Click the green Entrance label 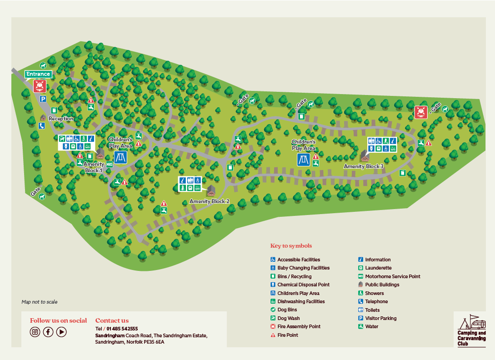[38, 74]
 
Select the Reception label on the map [61, 119]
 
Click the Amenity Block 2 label [209, 201]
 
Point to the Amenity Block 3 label [364, 166]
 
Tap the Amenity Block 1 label [94, 167]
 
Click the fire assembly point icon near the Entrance [40, 85]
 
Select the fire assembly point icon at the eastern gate [420, 112]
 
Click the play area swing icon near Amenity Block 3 [303, 160]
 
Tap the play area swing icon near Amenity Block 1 [120, 157]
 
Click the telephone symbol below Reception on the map [42, 126]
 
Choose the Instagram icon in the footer [35, 332]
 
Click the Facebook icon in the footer [48, 332]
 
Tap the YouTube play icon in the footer [61, 332]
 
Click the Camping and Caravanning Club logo [471, 330]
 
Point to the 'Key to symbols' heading [291, 246]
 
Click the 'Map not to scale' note [40, 302]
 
